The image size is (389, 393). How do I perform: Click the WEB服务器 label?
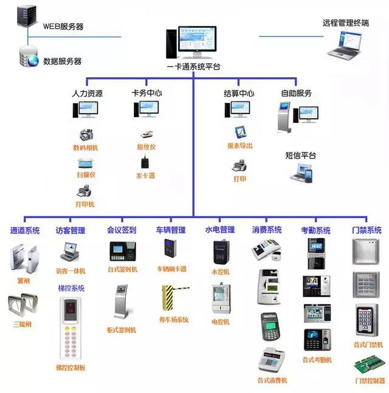63,27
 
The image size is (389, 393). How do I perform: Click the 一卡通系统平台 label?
193,66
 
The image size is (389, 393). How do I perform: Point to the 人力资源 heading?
87,94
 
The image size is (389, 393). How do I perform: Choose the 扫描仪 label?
85,175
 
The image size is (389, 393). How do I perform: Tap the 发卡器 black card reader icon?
145,162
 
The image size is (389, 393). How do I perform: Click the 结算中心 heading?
238,94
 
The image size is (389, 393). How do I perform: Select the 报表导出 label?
240,146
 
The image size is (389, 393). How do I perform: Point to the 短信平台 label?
301,155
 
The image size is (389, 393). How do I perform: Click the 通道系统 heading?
25,230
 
